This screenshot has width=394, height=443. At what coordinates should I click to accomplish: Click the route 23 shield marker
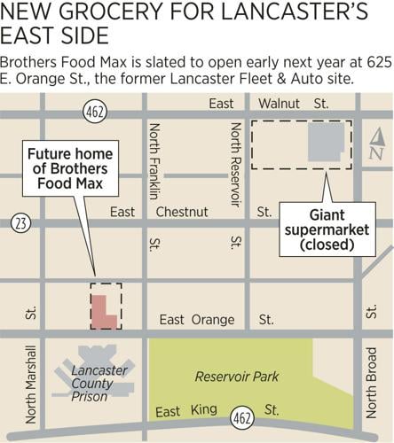pyautogui.click(x=20, y=223)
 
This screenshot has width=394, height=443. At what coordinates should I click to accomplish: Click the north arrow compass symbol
pyautogui.click(x=376, y=144)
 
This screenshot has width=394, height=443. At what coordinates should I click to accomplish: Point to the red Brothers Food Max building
pyautogui.click(x=101, y=306)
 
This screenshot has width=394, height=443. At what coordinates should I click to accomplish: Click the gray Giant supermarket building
pyautogui.click(x=327, y=142)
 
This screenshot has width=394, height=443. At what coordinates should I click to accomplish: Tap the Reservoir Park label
pyautogui.click(x=237, y=377)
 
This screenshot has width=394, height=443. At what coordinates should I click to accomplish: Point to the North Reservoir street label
pyautogui.click(x=235, y=163)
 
